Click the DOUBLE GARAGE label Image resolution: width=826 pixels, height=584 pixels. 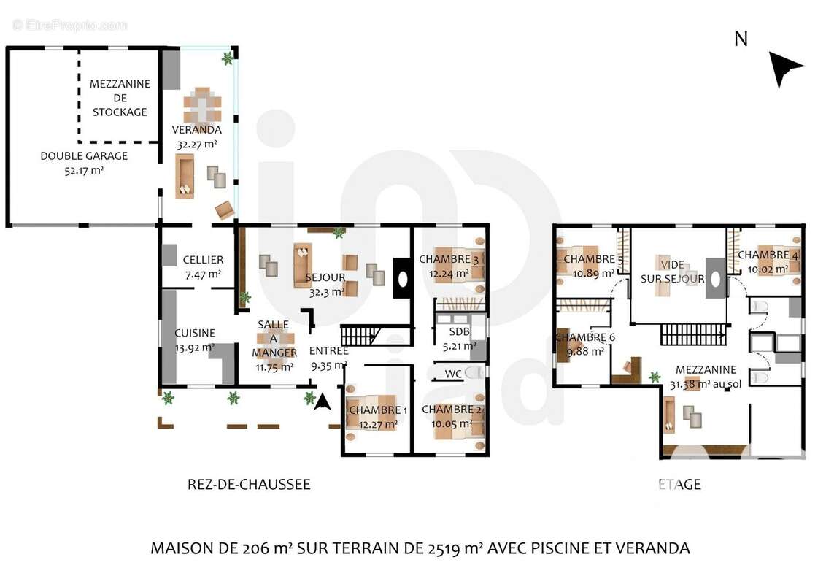click(84, 155)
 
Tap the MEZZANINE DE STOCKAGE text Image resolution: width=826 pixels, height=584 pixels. click(120, 98)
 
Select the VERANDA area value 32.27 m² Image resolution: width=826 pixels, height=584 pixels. click(196, 145)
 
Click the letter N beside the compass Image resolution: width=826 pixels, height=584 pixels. click(741, 39)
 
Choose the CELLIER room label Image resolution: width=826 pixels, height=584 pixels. click(203, 260)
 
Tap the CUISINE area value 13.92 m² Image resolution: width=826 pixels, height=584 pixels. click(194, 347)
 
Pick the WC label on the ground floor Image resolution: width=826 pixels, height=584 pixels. click(453, 374)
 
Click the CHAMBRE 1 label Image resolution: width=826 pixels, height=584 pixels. click(374, 410)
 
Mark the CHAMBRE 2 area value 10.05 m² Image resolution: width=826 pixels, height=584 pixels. click(452, 423)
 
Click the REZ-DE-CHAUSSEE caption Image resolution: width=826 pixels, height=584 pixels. click(249, 485)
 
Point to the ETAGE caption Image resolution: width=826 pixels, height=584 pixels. click(679, 485)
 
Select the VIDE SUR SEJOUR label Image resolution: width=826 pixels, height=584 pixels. click(672, 272)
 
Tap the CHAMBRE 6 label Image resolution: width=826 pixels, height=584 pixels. click(585, 337)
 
